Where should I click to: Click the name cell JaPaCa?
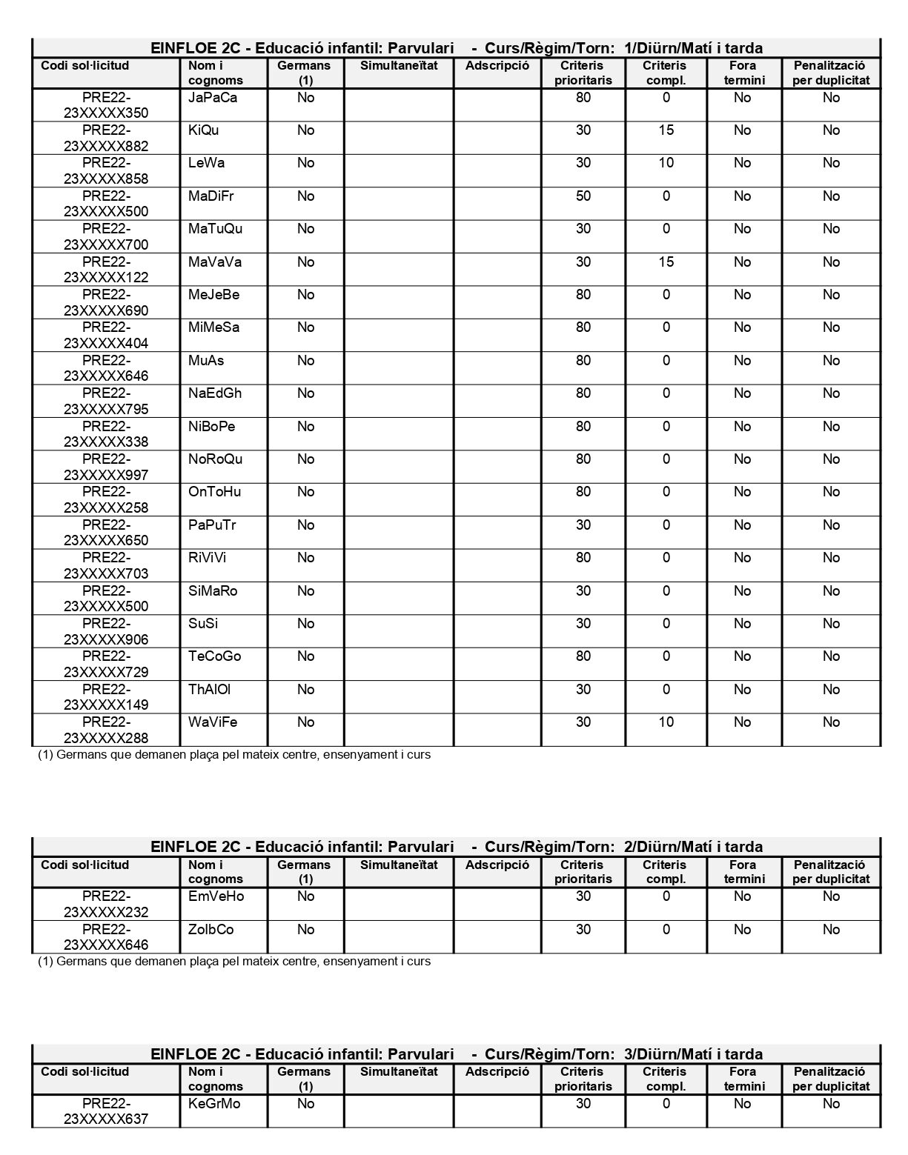click(212, 98)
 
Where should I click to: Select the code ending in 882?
click(106, 139)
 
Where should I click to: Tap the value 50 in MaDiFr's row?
click(583, 196)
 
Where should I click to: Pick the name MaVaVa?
click(215, 262)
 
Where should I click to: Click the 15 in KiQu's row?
click(666, 130)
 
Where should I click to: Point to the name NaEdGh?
click(215, 393)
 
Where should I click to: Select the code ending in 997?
click(106, 467)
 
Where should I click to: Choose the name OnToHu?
click(215, 492)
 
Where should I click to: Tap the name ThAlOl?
click(209, 690)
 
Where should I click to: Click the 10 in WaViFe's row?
click(666, 722)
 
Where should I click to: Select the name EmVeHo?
click(216, 896)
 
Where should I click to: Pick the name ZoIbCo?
click(211, 930)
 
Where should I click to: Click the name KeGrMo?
click(214, 1104)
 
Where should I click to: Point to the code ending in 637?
click(106, 1111)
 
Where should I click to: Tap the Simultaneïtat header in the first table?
click(399, 66)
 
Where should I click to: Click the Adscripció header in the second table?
click(497, 865)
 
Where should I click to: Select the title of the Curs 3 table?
click(457, 1054)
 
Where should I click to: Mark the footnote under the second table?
click(234, 962)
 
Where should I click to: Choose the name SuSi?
click(203, 624)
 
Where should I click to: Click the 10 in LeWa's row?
click(666, 163)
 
